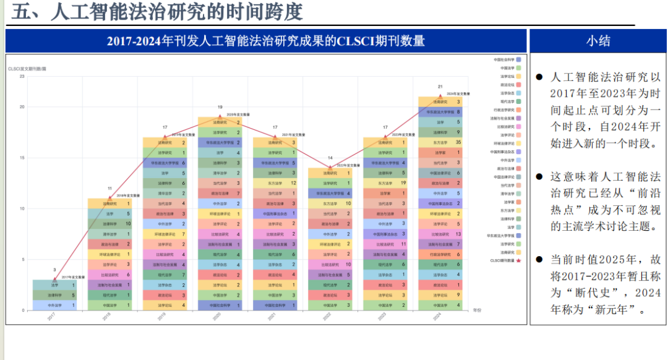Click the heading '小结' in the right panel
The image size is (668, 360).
597,41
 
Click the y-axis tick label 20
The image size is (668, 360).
22,106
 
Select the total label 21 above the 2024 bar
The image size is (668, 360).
440,87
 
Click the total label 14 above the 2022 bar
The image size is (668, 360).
330,158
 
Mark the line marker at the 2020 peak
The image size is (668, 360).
220,116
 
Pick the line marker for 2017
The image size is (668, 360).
54,280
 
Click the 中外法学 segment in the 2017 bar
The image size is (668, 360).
54,305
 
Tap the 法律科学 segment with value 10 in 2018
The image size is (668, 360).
109,223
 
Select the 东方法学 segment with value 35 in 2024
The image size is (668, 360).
440,142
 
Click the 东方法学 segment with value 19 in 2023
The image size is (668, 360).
385,183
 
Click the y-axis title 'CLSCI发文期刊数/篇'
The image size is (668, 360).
27,68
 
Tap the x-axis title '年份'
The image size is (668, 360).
477,309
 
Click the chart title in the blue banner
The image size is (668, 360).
266,41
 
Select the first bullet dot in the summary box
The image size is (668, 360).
539,78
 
